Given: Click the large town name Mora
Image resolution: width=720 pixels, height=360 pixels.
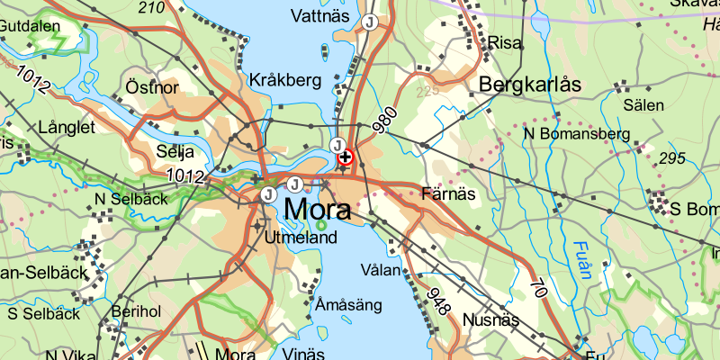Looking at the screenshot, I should pyautogui.click(x=317, y=211).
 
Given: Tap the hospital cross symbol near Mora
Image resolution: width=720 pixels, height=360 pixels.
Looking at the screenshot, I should pyautogui.click(x=346, y=157).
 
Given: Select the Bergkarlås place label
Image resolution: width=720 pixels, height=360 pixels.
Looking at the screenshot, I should pyautogui.click(x=531, y=85).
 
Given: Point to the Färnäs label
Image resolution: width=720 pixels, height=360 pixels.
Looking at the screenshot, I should pyautogui.click(x=446, y=193).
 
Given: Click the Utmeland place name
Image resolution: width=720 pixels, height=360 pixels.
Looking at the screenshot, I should pyautogui.click(x=301, y=238).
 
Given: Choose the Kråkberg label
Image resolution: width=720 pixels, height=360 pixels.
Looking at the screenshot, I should pyautogui.click(x=285, y=80).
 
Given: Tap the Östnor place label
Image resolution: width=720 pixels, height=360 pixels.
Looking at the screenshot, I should pyautogui.click(x=153, y=87).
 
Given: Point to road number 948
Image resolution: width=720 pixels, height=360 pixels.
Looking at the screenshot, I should pyautogui.click(x=437, y=301).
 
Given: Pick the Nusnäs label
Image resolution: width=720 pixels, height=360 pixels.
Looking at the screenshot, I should pyautogui.click(x=491, y=319).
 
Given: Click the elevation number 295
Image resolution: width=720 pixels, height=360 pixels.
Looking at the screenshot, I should pyautogui.click(x=671, y=158).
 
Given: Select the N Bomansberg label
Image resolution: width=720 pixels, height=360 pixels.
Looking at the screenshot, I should pyautogui.click(x=577, y=134).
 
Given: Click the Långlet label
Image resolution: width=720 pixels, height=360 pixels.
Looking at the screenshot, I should pyautogui.click(x=67, y=129).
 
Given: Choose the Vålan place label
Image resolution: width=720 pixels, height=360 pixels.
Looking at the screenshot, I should pyautogui.click(x=378, y=270).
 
